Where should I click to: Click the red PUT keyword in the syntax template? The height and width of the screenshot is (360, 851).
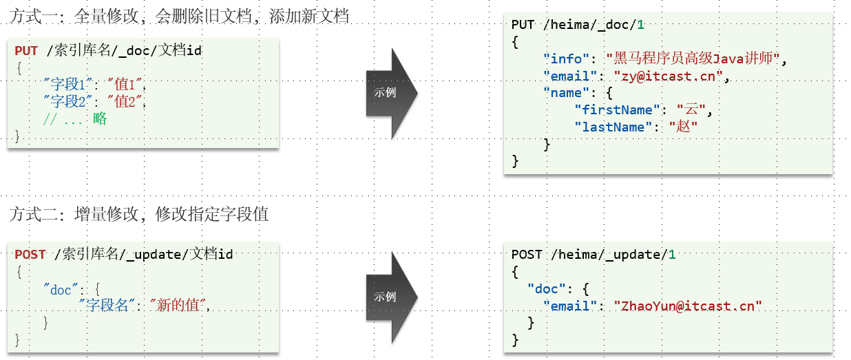coord(26,50)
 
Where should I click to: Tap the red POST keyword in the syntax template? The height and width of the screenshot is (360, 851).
coord(30,254)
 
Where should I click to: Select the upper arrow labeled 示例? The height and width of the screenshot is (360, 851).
coord(390,93)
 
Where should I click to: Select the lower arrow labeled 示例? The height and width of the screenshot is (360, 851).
coord(390,297)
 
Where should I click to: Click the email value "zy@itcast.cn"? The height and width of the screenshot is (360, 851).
coord(666,76)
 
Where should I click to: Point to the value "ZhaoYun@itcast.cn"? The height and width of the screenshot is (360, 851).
coord(688,306)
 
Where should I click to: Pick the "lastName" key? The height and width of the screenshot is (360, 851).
coord(617,127)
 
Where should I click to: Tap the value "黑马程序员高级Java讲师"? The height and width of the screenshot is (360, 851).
coord(693,59)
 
